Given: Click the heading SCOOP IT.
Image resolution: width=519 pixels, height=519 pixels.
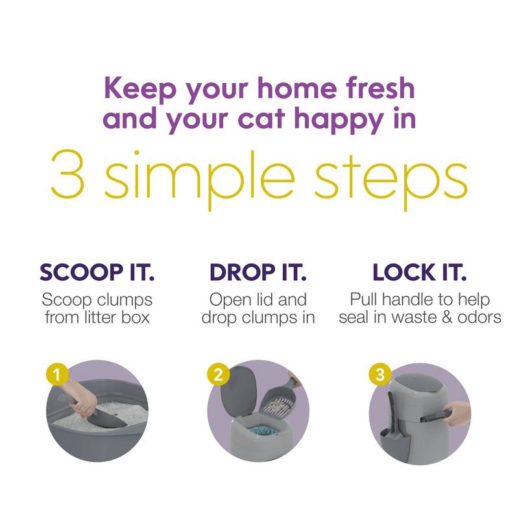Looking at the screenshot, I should [97, 272].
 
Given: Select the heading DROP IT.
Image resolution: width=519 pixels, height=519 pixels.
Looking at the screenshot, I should [258, 272].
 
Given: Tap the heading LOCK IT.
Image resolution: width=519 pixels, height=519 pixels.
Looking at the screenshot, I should [419, 272].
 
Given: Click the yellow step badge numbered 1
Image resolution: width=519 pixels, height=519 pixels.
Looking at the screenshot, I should [58, 374].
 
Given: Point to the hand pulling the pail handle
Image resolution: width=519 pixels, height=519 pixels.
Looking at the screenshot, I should [458, 413].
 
